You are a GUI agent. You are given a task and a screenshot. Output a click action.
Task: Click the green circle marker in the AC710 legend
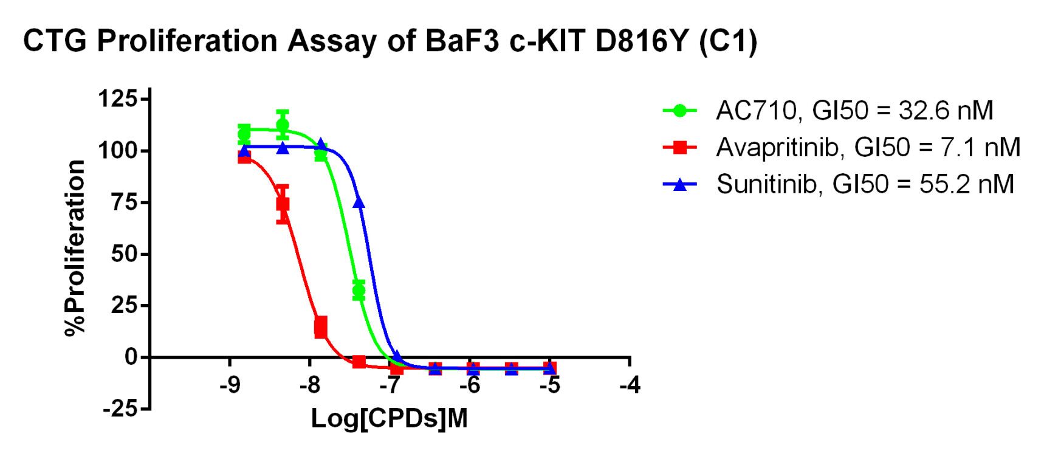coord(680,111)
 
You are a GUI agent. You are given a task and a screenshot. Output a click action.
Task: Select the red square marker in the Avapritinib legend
coord(680,147)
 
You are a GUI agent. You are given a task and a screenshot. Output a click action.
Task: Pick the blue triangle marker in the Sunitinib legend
coord(680,184)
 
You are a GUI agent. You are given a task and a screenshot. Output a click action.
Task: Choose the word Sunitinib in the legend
coord(768,184)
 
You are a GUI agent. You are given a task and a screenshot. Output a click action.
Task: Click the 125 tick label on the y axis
coord(118,98)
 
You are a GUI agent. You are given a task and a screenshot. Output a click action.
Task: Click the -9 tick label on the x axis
coord(229,385)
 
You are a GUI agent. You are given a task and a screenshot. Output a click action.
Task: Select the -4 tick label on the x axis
coord(630,385)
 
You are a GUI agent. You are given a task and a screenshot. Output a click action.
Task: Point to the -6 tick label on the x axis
coord(470,385)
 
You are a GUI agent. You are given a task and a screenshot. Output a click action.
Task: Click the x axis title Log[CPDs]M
coord(390,419)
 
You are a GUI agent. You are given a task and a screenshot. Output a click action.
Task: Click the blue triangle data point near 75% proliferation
coord(359,202)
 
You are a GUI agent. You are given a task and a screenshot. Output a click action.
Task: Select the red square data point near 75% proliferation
coord(283,204)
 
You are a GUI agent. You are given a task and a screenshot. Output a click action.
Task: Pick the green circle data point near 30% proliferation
coord(359,291)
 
